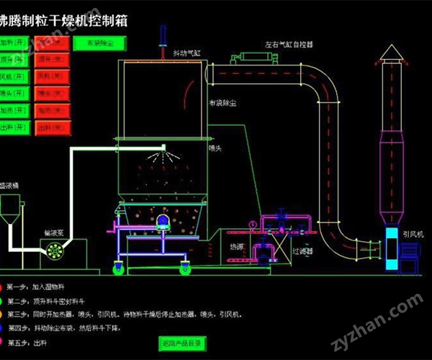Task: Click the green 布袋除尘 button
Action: pos(99,43)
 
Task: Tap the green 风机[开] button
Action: pos(15,76)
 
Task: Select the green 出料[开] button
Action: pos(15,128)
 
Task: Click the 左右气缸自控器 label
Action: pos(289,45)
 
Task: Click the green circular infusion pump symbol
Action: pos(53,249)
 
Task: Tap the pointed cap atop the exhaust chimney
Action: pos(392,53)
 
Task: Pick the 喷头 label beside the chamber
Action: pos(215,148)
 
